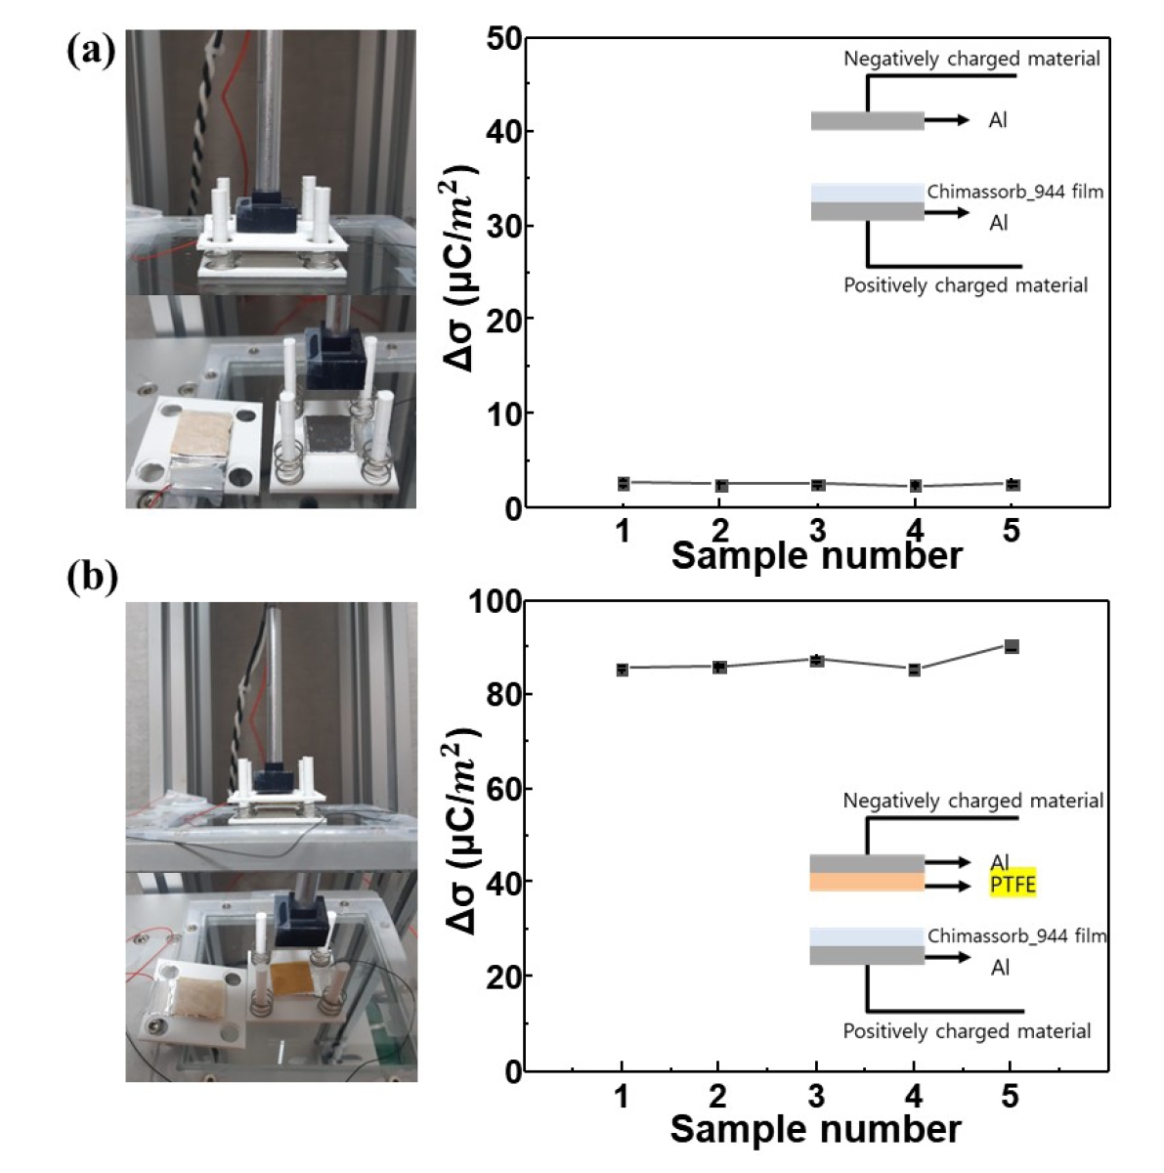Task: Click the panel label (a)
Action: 91,51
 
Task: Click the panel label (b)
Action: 92,578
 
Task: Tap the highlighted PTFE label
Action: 1012,885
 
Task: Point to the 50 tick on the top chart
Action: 505,39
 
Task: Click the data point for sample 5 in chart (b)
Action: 1012,646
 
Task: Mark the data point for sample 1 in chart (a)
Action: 623,483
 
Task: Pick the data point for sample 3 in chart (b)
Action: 816,661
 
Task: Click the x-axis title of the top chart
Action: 816,556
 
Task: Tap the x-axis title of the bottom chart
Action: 815,1129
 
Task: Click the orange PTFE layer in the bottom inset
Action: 867,883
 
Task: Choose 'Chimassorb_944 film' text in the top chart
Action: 1014,192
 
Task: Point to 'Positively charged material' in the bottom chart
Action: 967,1030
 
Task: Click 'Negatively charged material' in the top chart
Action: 971,59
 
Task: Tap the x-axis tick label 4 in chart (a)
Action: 914,531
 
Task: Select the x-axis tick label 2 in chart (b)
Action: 718,1096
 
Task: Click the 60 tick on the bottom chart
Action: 505,789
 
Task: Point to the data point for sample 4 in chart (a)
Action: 915,486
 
